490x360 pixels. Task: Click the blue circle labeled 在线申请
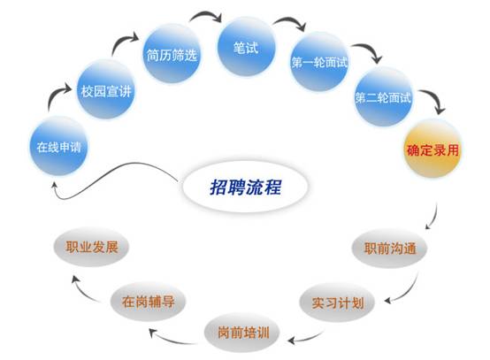58,146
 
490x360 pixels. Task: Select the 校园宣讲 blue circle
106,90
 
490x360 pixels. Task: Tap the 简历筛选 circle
172,54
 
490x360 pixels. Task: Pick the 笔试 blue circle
247,47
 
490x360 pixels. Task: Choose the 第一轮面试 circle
319,62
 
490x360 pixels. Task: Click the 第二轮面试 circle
383,97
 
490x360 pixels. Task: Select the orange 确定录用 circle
433,149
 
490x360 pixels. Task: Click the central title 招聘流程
245,188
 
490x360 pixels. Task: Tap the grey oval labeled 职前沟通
389,249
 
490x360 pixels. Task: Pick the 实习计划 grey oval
337,303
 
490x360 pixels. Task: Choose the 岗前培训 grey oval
242,333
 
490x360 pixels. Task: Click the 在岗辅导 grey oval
148,302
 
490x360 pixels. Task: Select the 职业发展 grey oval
91,247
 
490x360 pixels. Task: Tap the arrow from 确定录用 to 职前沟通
433,218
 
